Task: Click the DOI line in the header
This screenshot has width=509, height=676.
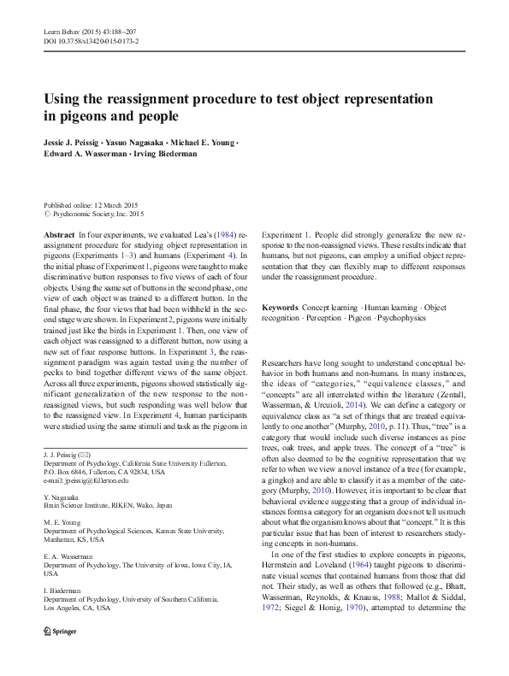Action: (x=92, y=40)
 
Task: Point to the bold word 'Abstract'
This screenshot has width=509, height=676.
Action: (x=58, y=233)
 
